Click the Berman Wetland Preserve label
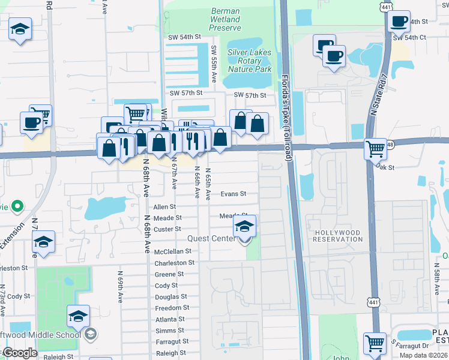(225, 19)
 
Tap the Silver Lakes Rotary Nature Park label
(249, 61)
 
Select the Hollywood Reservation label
(338, 236)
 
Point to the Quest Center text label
(212, 238)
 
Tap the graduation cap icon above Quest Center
(244, 227)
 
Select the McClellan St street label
(173, 252)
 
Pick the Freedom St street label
(172, 307)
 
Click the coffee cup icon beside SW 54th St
(399, 22)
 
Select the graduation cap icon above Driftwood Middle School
(78, 316)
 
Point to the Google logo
(20, 353)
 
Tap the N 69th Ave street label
(121, 286)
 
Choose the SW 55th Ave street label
(214, 64)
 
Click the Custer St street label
(167, 229)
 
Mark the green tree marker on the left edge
(17, 207)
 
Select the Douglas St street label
(171, 296)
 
